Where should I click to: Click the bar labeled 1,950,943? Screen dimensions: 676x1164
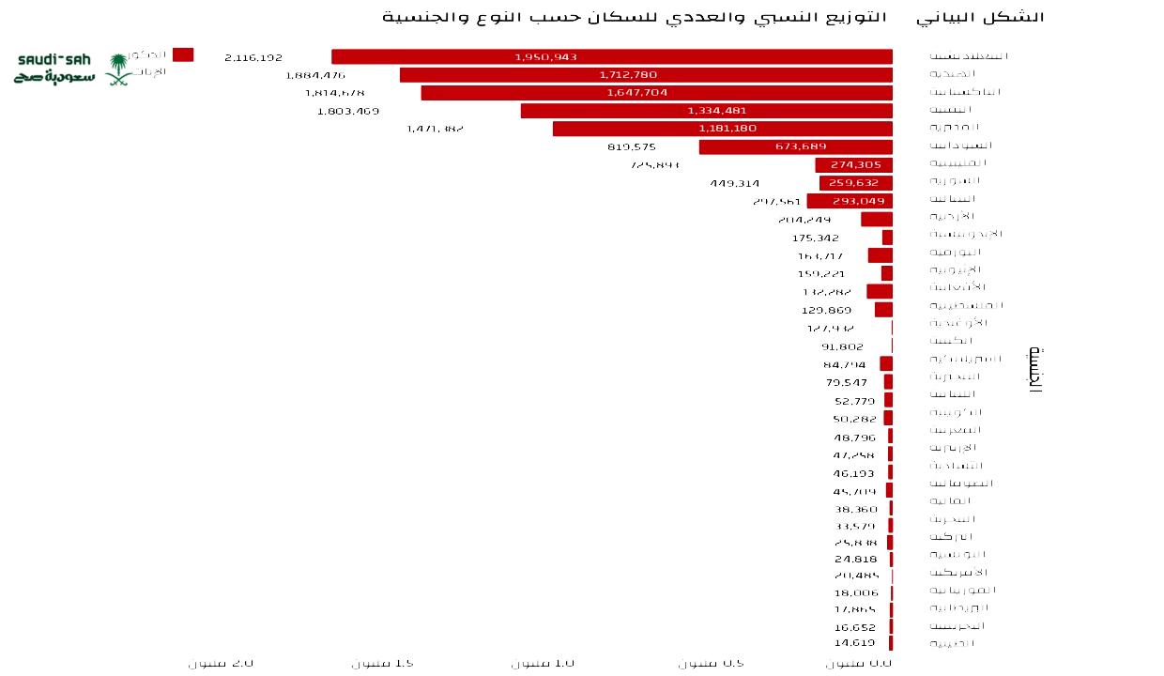tap(611, 57)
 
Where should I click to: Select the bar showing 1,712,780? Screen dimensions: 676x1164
tap(646, 75)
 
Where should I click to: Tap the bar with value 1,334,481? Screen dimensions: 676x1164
tap(706, 111)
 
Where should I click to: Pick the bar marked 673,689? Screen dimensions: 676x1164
tap(795, 146)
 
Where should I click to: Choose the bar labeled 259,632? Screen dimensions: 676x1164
tap(855, 183)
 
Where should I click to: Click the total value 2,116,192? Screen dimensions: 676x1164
tap(253, 58)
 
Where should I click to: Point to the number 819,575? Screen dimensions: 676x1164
tap(632, 147)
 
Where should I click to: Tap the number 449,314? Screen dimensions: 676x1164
tap(734, 184)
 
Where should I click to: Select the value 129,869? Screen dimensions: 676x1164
tap(826, 311)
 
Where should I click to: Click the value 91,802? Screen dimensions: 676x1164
tap(842, 347)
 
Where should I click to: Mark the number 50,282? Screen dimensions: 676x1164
tap(854, 420)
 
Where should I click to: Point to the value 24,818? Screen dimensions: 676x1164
tap(855, 560)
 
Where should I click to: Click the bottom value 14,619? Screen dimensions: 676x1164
tap(854, 643)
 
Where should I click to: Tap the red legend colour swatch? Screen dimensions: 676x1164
tap(183, 55)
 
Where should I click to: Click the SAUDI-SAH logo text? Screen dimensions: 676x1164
tap(54, 60)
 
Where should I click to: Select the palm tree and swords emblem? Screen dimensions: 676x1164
tap(118, 69)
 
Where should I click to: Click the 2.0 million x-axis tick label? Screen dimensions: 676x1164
tap(221, 664)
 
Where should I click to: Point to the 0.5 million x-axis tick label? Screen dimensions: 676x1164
tap(711, 664)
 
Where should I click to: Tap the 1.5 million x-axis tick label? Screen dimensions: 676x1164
tap(382, 664)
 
